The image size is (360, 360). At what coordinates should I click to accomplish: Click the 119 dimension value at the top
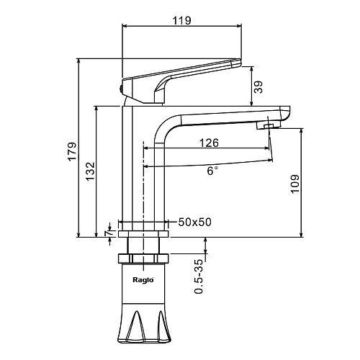182,20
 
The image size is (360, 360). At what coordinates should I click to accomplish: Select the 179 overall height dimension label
72,152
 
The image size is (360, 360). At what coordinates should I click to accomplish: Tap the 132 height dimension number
91,172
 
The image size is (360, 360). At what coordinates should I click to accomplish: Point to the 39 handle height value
258,87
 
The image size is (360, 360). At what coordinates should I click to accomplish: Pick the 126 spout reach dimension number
209,143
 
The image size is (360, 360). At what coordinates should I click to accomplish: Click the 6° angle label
212,171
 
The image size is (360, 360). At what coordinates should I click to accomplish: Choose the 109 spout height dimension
295,184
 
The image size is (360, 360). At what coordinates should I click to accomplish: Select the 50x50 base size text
194,222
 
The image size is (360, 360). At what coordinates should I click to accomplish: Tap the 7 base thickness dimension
109,233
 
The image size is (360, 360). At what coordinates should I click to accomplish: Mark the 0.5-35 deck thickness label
199,276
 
